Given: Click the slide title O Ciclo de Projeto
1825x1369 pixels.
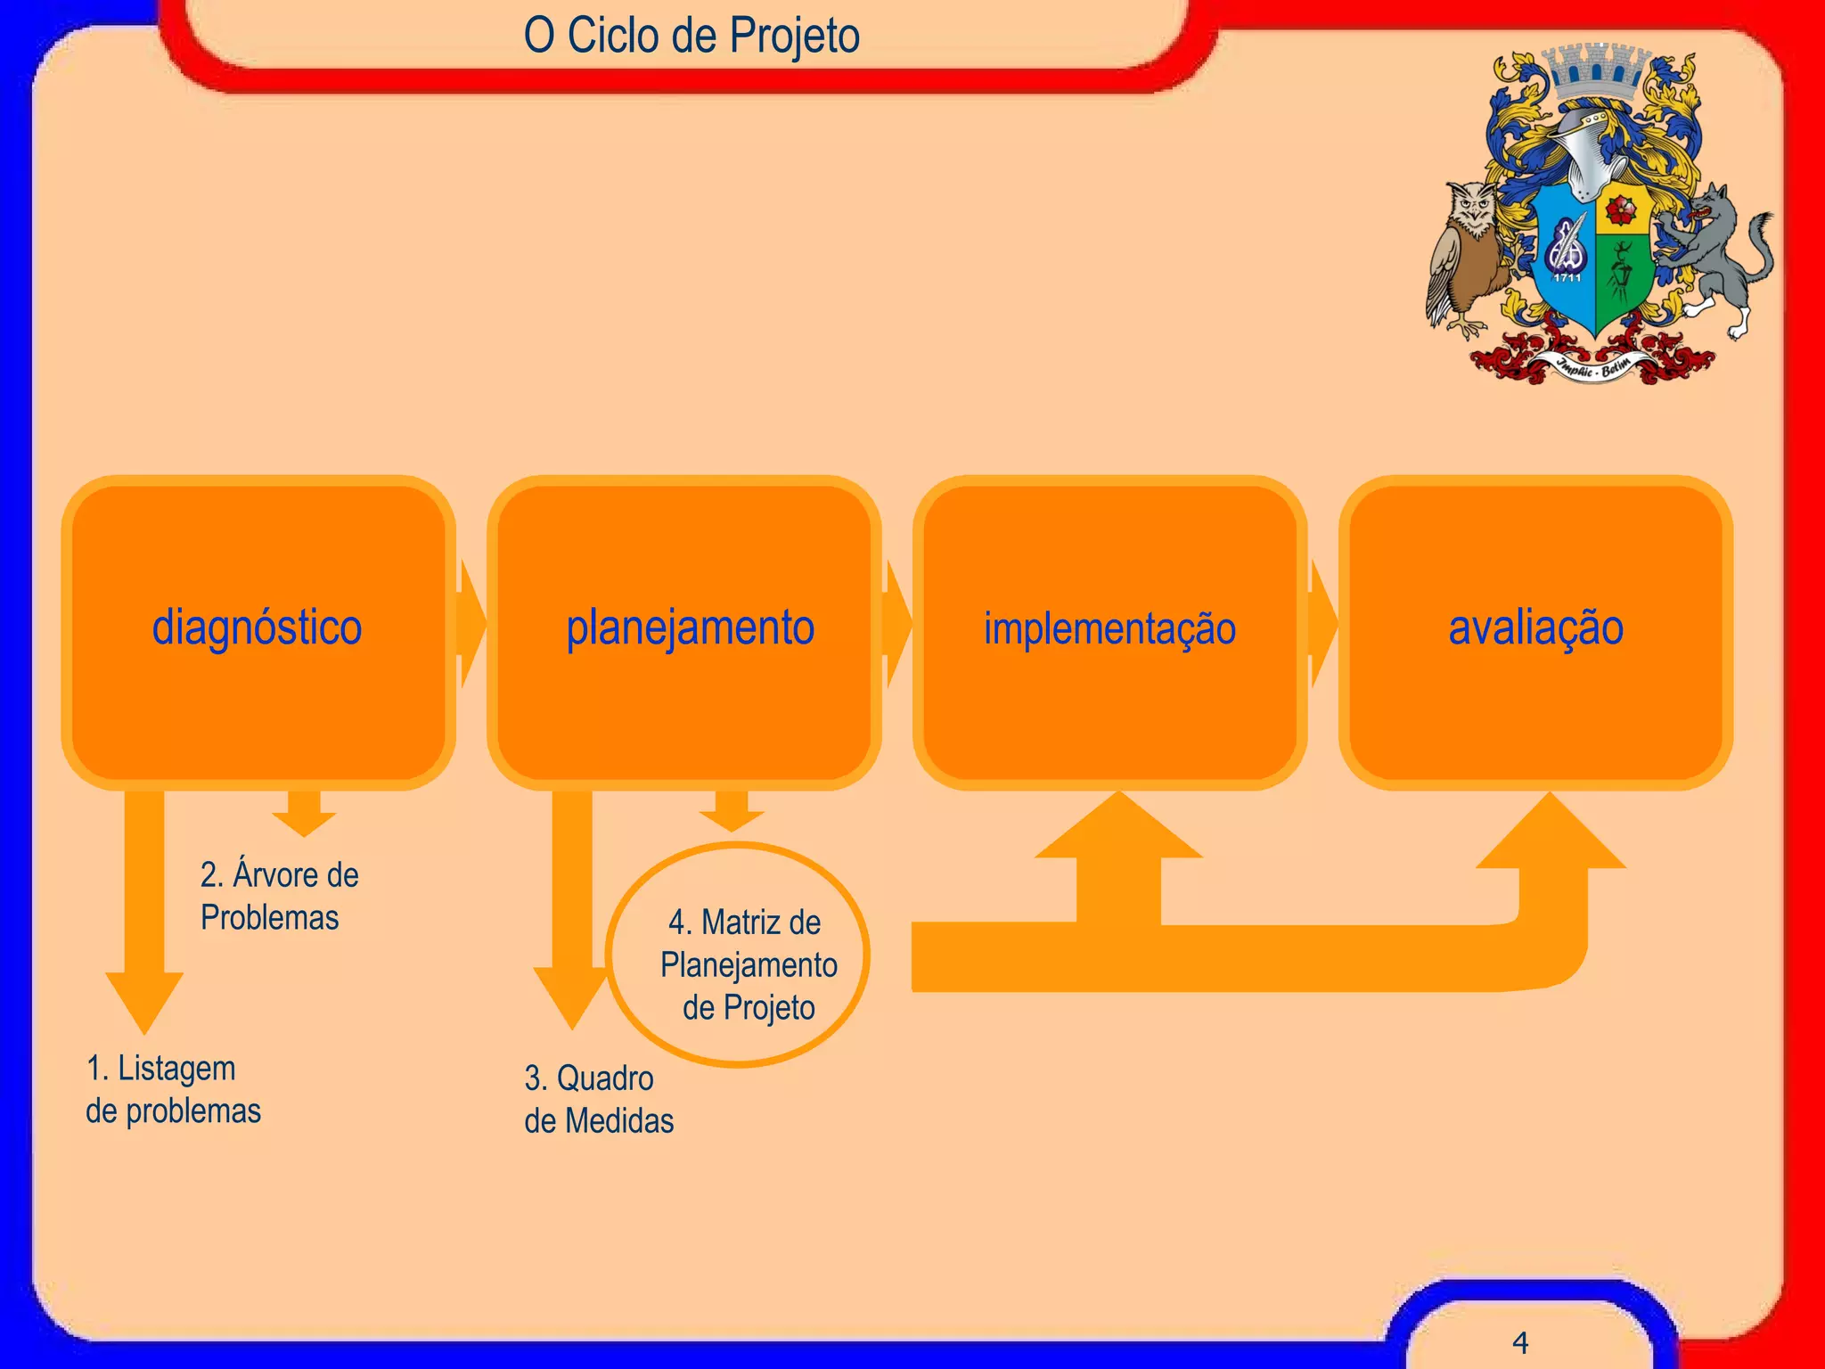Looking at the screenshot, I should [x=692, y=36].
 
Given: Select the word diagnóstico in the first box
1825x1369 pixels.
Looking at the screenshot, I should [x=257, y=627].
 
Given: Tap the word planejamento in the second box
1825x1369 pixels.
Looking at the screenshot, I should [x=690, y=627].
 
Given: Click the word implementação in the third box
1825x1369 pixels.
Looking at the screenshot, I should [x=1109, y=628].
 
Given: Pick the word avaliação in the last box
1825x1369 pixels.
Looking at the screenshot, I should [x=1535, y=627].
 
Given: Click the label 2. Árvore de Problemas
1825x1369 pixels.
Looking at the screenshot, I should [x=278, y=896].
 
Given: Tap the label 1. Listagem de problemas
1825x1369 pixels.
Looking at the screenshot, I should [x=172, y=1089].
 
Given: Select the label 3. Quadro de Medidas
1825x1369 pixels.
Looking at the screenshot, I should [x=597, y=1099].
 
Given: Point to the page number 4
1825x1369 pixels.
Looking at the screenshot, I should [x=1520, y=1342].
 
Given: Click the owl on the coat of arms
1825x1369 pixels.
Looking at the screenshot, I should [x=1469, y=254].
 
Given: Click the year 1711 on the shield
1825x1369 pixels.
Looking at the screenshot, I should [x=1567, y=278].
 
